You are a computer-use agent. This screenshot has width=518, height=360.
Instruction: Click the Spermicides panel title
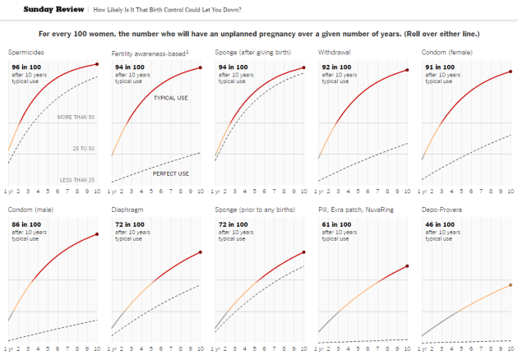(x=25, y=53)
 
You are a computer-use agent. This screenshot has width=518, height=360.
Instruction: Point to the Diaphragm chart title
(x=128, y=210)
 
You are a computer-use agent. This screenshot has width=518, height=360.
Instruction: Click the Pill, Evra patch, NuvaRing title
(x=355, y=210)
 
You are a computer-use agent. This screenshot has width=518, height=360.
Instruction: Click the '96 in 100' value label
(x=25, y=66)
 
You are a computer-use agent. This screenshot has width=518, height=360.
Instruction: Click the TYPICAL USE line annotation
(x=171, y=98)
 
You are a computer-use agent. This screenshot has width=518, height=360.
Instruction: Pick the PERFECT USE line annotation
(x=171, y=173)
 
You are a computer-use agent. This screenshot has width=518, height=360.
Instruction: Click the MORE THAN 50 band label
(x=76, y=118)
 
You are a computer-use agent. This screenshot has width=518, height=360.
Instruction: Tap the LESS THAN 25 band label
(x=77, y=179)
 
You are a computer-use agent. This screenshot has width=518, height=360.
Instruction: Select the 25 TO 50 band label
(x=83, y=149)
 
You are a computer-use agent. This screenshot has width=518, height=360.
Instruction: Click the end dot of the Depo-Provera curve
(x=510, y=285)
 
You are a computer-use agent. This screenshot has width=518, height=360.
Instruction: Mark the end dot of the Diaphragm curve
(x=201, y=252)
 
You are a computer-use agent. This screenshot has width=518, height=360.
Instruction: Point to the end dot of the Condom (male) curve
(x=97, y=235)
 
